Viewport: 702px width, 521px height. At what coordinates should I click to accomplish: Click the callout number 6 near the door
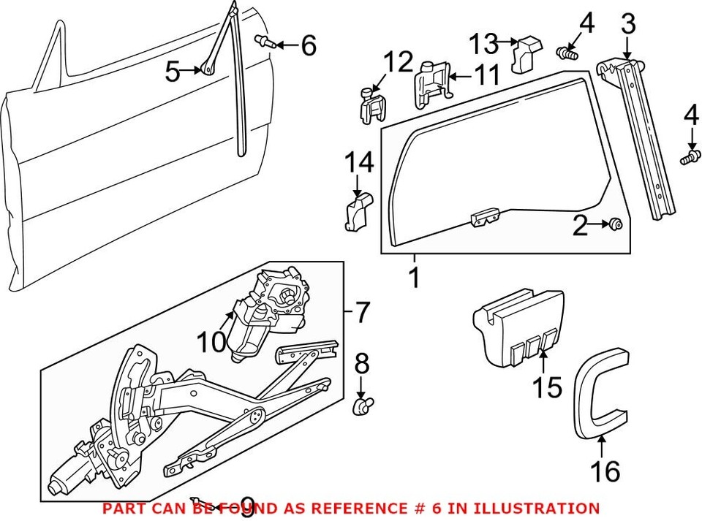pos(309,46)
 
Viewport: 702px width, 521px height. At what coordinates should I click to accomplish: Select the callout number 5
pos(173,72)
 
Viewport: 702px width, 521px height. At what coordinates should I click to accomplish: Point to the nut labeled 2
pos(616,224)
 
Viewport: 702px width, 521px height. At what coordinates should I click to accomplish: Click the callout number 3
pos(627,25)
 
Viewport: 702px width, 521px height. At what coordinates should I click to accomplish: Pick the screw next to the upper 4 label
pos(567,52)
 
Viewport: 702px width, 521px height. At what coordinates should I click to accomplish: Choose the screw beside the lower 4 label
pos(688,157)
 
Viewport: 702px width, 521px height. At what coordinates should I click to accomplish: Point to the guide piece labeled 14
pos(357,211)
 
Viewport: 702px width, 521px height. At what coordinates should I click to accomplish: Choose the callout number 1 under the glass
pos(414,278)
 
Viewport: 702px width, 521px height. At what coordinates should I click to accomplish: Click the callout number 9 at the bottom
pos(247,506)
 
